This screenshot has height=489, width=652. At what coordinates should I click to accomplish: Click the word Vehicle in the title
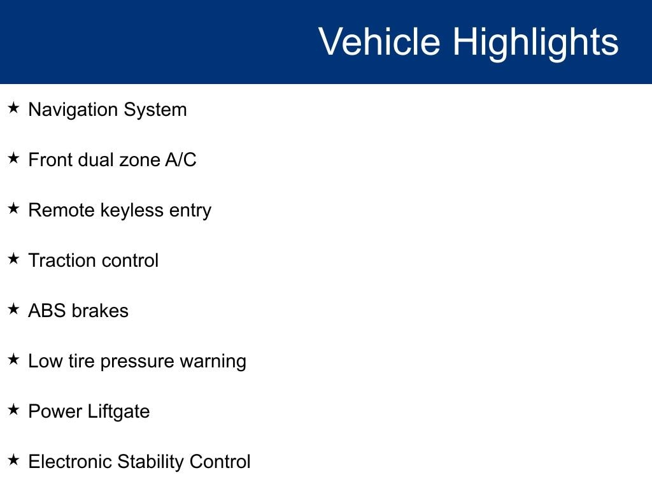click(x=379, y=41)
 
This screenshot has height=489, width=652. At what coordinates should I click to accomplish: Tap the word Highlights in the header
click(x=535, y=44)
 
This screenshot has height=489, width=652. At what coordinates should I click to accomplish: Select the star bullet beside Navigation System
click(x=14, y=108)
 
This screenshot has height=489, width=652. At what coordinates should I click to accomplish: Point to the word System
click(x=155, y=110)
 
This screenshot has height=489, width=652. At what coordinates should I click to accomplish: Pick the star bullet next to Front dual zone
click(x=14, y=158)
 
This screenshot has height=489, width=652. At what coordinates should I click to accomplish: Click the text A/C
click(x=180, y=160)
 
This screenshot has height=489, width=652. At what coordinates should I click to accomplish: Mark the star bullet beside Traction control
click(x=14, y=259)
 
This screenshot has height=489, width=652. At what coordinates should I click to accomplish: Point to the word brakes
click(x=100, y=311)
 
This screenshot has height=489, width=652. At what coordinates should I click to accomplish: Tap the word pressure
click(x=137, y=362)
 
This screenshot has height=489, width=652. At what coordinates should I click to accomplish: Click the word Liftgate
click(x=118, y=412)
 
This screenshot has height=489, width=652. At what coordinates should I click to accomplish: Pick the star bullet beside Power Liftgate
click(x=14, y=409)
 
